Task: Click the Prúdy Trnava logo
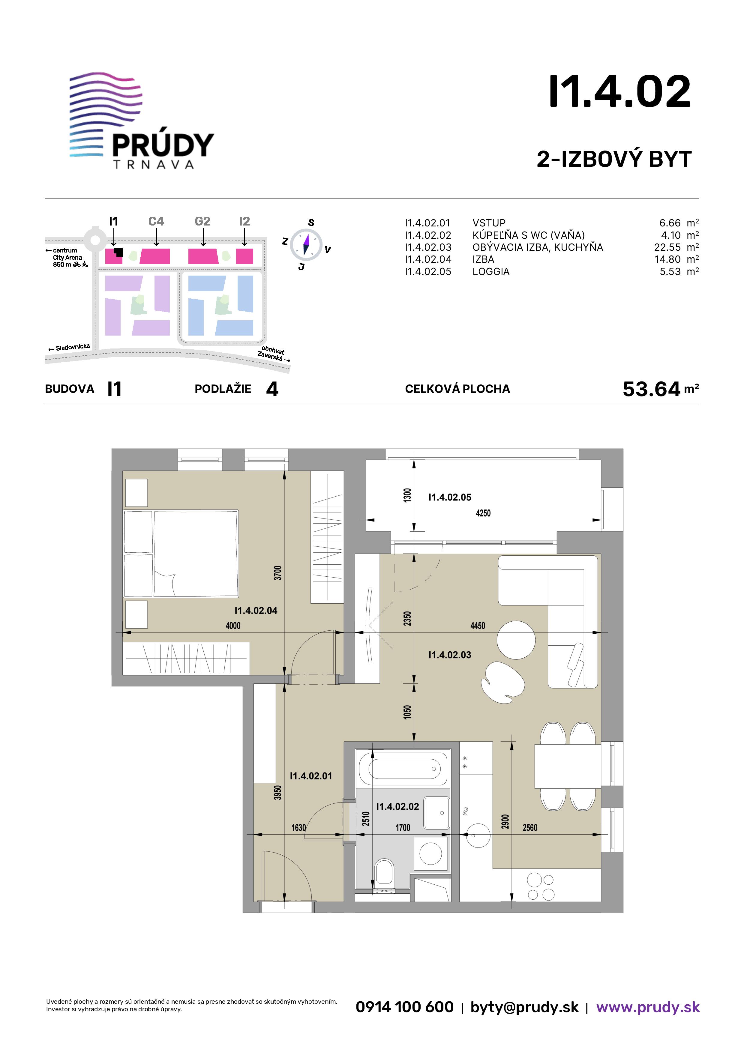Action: [x=142, y=121]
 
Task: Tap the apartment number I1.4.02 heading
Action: [x=620, y=92]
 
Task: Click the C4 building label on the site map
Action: [x=156, y=221]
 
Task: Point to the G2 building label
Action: [x=202, y=221]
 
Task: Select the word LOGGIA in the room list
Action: [x=491, y=272]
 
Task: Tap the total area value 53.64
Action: [x=651, y=389]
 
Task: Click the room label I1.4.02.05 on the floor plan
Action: [x=450, y=497]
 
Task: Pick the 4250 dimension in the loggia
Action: [x=483, y=513]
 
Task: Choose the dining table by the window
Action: [x=568, y=766]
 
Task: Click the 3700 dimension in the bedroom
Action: [x=277, y=573]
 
